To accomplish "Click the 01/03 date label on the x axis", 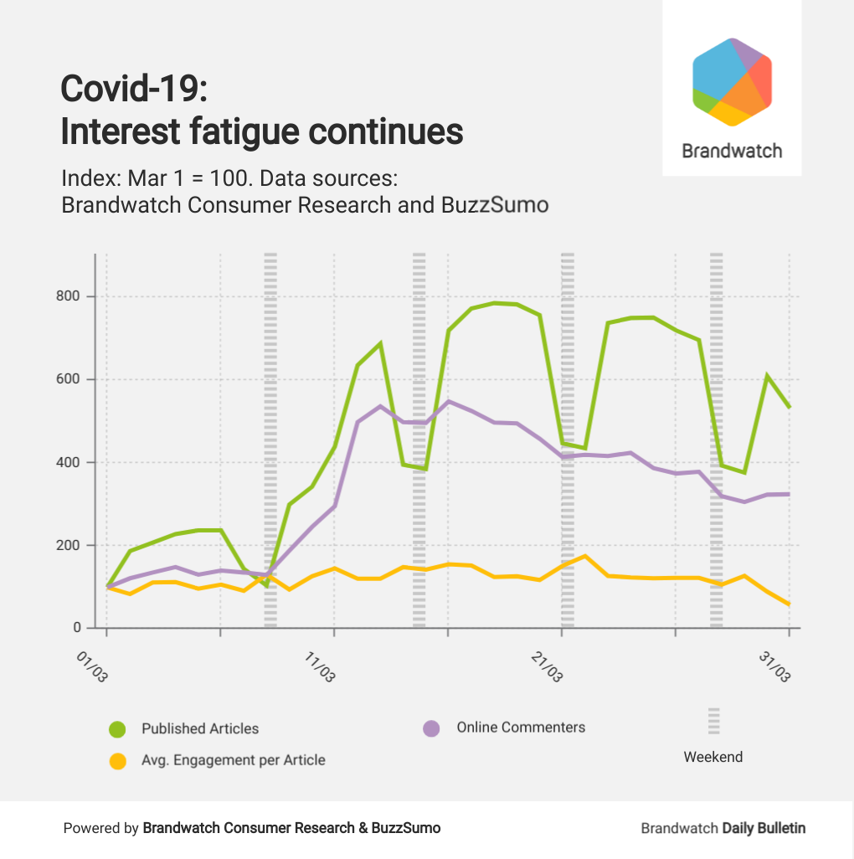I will pos(92,668).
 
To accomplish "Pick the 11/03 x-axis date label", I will pos(319,668).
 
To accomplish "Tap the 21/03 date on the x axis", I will pos(547,668).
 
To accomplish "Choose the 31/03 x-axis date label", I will pos(774,668).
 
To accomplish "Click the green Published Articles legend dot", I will pos(118,729).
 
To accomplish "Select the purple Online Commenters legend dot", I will pos(431,728).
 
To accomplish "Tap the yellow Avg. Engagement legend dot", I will pos(118,761).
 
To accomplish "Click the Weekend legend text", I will pos(713,757).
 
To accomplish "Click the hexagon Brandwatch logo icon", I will pos(732,82).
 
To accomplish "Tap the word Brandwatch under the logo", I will pos(732,152).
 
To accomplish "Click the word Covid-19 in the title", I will pos(134,89).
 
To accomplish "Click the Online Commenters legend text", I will pos(521,727).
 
